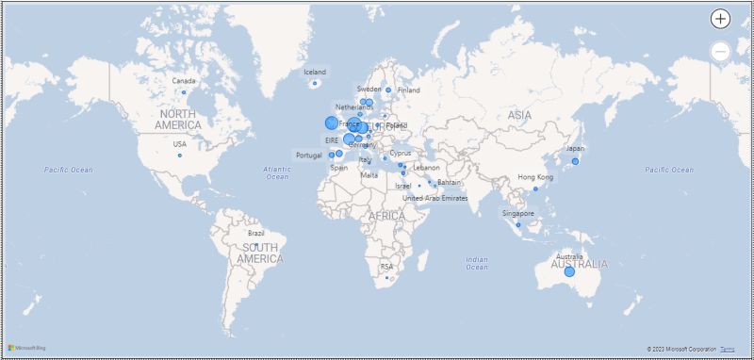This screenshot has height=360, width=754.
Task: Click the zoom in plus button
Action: click(x=720, y=19)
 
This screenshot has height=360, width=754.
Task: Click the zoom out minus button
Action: click(x=720, y=52)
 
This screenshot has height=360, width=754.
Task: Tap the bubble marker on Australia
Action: click(x=569, y=271)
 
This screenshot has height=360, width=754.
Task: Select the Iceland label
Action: click(x=315, y=72)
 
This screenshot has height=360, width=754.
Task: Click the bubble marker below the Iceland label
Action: click(x=315, y=84)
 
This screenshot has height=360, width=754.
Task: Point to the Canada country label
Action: click(x=184, y=81)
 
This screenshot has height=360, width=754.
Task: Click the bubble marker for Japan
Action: click(x=575, y=161)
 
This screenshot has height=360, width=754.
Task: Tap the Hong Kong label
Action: click(x=535, y=177)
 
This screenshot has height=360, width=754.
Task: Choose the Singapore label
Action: click(x=518, y=213)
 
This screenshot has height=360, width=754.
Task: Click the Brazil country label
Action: click(x=255, y=233)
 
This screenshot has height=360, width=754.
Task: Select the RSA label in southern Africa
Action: click(x=386, y=267)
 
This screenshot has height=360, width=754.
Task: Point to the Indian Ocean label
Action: click(x=477, y=263)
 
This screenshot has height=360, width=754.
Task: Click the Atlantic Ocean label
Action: click(x=277, y=172)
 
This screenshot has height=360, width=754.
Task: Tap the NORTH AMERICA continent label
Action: click(x=178, y=120)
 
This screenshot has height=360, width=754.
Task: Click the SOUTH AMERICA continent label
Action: click(x=259, y=253)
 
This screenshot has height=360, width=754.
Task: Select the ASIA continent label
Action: click(x=519, y=115)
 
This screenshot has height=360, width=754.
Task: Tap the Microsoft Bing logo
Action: click(x=27, y=349)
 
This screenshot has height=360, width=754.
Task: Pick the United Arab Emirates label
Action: click(x=435, y=198)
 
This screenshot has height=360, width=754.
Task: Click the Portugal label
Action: click(x=308, y=155)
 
